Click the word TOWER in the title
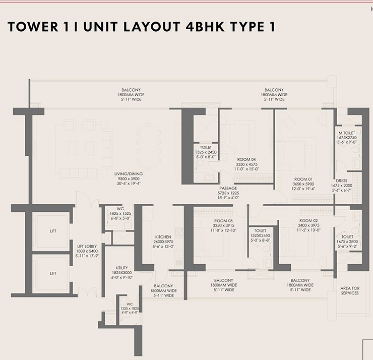pos(33,26)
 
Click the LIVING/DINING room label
pos(129,174)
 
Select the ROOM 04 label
pos(246,159)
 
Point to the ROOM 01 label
pos(303,179)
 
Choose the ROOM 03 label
pos(223,221)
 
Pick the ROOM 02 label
pos(308,220)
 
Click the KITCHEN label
pos(163,237)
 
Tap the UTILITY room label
pos(122,268)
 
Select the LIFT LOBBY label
pos(87,246)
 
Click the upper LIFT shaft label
pos(53,231)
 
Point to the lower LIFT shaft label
pos(53,273)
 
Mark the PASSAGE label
pos(228,188)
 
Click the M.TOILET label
pos(347,133)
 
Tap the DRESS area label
pos(342,181)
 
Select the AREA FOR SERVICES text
pos(350,290)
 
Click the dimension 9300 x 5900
pos(129,178)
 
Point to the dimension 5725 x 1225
pos(228,193)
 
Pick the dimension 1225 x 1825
pos(130,309)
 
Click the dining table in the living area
pos(149,147)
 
